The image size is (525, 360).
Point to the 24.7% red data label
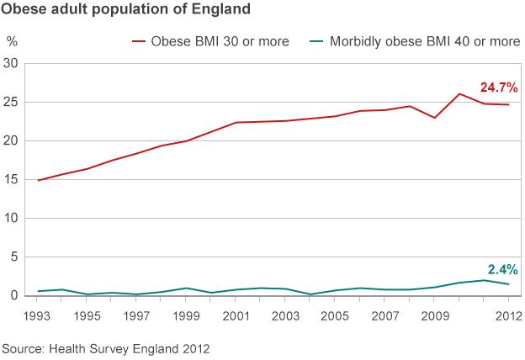pyautogui.click(x=498, y=87)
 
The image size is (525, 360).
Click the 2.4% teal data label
pyautogui.click(x=501, y=270)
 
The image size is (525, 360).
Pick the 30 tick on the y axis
pyautogui.click(x=12, y=63)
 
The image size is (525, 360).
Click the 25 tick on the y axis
pyautogui.click(x=12, y=102)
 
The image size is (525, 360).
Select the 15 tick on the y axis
pyautogui.click(x=12, y=179)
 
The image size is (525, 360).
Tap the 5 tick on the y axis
pyautogui.click(x=14, y=257)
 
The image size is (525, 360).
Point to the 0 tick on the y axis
pyautogui.click(x=14, y=295)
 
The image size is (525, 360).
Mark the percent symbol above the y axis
pyautogui.click(x=12, y=40)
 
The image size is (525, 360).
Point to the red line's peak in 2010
pyautogui.click(x=459, y=93)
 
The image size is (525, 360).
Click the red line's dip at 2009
pyautogui.click(x=434, y=118)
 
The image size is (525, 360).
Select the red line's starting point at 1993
pyautogui.click(x=38, y=180)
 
